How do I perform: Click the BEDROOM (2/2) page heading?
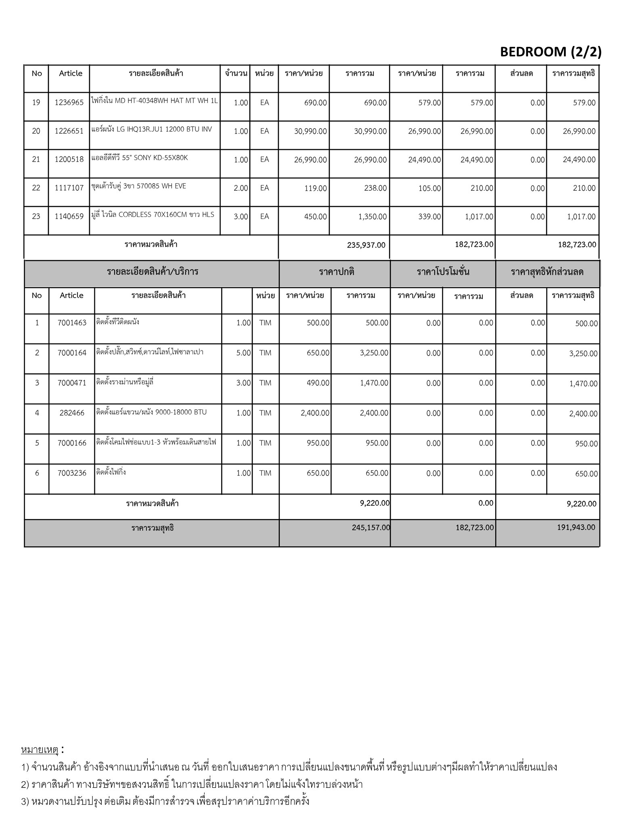551,52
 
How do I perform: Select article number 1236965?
69,102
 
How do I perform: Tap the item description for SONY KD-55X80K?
139,158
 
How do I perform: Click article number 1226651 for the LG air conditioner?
69,131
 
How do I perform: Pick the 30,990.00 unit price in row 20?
310,131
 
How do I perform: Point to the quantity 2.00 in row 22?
241,188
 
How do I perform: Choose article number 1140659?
69,217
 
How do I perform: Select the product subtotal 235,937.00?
366,245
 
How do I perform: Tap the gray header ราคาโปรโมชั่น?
443,272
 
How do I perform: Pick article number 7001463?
72,323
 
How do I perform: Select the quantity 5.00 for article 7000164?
243,353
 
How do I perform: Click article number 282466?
72,413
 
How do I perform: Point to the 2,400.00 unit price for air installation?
315,413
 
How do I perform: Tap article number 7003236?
72,473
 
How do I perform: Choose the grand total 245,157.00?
371,528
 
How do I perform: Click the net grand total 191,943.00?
576,528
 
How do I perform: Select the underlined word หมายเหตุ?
40,750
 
